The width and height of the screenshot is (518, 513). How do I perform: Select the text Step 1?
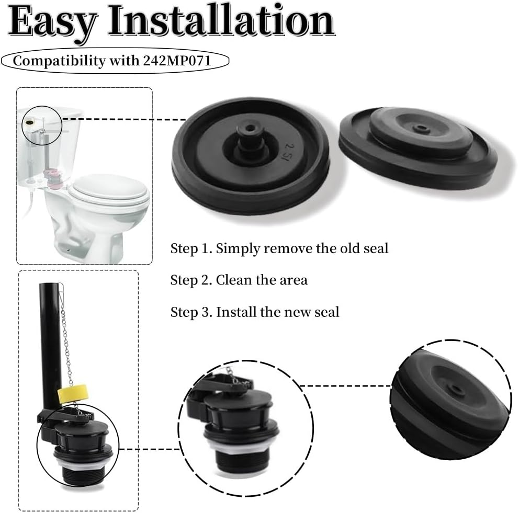tap(191, 248)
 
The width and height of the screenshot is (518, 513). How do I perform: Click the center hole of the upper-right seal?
tap(419, 127)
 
